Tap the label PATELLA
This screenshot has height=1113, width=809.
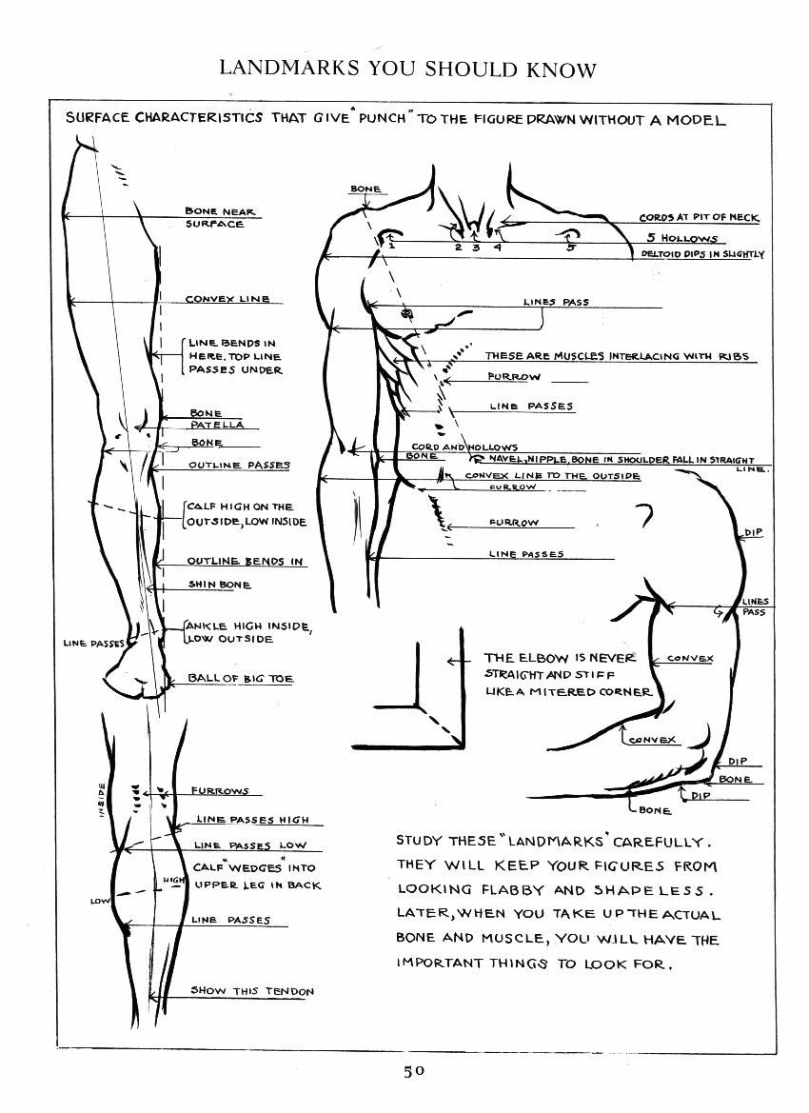point(216,425)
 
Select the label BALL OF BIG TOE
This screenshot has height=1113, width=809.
point(240,678)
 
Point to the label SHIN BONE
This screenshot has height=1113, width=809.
point(219,585)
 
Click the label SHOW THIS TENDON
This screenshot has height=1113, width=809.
point(252,991)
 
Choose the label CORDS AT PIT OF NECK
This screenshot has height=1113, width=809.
point(699,218)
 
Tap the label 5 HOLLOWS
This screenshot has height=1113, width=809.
point(682,238)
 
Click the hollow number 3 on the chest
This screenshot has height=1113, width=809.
point(476,248)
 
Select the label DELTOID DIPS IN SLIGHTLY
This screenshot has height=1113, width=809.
point(702,254)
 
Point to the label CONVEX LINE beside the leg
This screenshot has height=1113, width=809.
point(227,299)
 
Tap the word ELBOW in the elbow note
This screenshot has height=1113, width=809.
point(543,658)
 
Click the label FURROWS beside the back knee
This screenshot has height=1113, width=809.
point(220,791)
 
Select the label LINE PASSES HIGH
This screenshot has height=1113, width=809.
point(252,819)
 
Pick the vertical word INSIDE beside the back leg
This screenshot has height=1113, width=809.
point(102,798)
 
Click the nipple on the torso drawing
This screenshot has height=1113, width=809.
point(406,313)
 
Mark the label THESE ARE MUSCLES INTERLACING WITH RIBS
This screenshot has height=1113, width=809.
point(617,356)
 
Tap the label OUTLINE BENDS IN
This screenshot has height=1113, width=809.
point(245,561)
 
